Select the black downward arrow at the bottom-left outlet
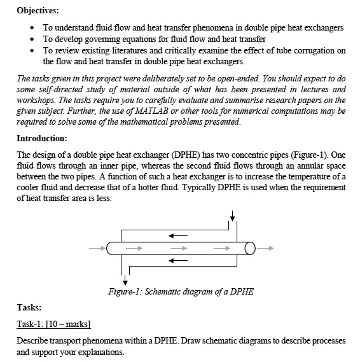125,279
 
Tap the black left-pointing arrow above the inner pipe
179,235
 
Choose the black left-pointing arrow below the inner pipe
179,260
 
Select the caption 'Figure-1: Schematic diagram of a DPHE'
181,292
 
